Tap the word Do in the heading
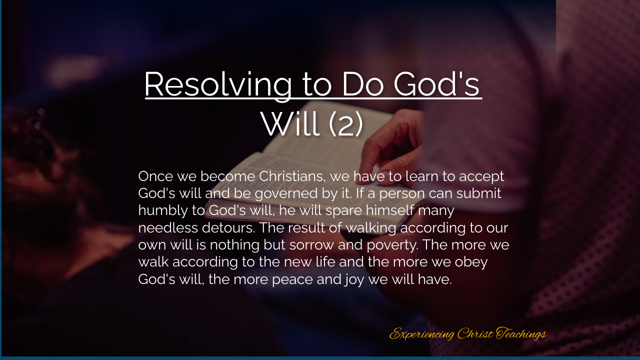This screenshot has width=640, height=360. [x=362, y=84]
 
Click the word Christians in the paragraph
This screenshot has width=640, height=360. [x=292, y=176]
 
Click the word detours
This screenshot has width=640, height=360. [x=228, y=228]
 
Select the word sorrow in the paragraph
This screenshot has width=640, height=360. [x=311, y=245]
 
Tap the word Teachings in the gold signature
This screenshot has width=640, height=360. [x=521, y=333]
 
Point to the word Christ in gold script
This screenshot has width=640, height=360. [x=475, y=333]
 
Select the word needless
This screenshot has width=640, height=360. [x=168, y=228]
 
